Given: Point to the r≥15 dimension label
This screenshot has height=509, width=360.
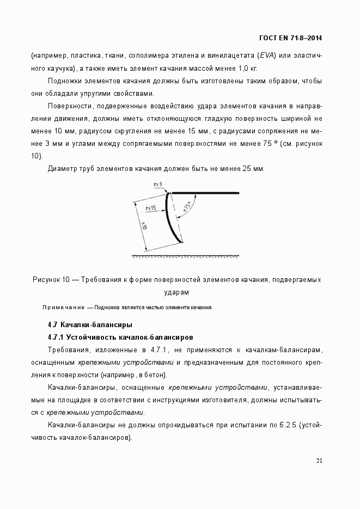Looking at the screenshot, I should pos(151,207).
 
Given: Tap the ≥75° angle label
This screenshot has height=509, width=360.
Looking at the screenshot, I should pos(187,208).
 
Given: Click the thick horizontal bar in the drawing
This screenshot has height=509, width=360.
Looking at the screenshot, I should pos(206,193).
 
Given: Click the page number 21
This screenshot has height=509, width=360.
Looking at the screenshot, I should pos(319,461).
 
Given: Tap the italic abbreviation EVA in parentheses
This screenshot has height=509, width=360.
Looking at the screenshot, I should pos(267,56).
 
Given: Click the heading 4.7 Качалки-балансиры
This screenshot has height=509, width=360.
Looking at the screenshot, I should pos(90,325).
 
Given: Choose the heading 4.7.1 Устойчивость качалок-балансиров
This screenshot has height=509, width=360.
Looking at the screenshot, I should pos(120,337).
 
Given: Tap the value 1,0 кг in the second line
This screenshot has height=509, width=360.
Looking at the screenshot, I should pos(246,68).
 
